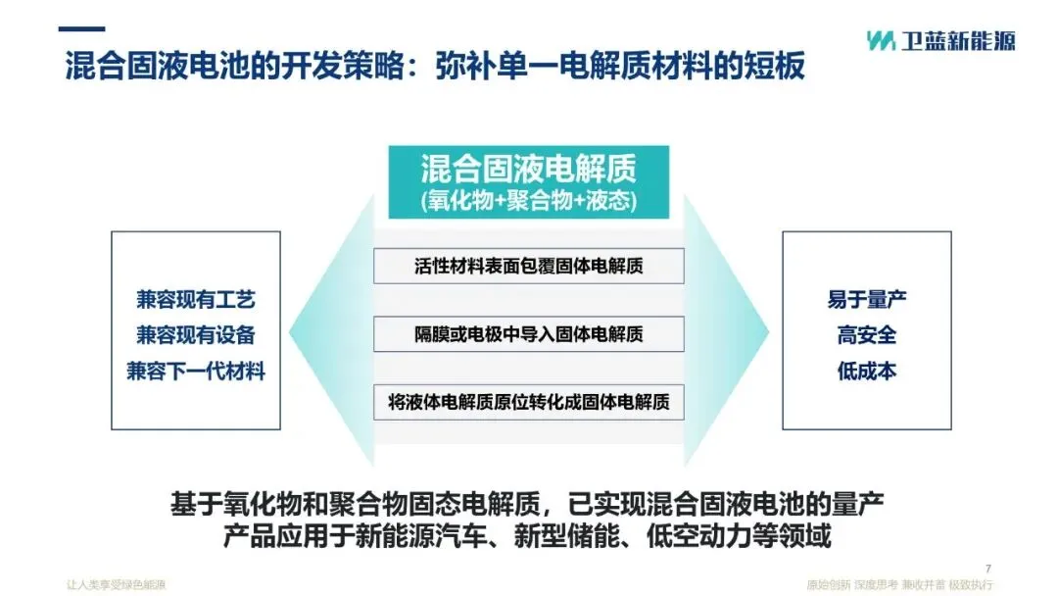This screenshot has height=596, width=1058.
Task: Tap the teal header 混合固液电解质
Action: pos(528,169)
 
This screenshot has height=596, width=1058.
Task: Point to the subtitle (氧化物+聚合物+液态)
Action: pos(528,202)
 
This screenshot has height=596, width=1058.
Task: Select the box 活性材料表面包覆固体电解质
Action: pos(528,267)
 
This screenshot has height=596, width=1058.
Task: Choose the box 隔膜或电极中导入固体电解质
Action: pos(528,334)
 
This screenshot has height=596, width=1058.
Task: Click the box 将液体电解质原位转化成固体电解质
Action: pos(528,402)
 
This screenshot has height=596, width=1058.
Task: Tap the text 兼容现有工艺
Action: pos(196,299)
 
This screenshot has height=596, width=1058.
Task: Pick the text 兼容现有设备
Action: pos(196,335)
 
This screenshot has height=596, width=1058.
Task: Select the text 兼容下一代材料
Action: pos(196,372)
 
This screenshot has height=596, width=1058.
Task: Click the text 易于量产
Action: pos(866,299)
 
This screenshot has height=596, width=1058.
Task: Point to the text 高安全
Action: pos(866,335)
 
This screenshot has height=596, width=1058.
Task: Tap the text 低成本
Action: pos(866,372)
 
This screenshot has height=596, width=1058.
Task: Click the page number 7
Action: pos(987,568)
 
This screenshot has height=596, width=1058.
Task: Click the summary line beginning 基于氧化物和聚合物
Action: pos(528,506)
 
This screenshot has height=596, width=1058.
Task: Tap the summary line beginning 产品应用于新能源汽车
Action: pos(528,538)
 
